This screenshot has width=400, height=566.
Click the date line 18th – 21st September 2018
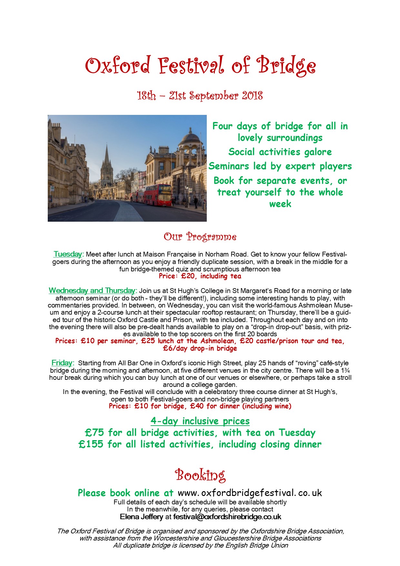click(x=200, y=96)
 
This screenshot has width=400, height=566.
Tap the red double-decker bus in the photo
click(x=158, y=195)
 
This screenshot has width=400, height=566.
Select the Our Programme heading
click(x=200, y=237)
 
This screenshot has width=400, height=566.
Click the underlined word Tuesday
click(x=68, y=254)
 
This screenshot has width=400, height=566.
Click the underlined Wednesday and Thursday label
click(x=92, y=290)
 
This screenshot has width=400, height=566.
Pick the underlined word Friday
click(x=62, y=363)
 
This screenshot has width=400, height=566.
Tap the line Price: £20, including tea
click(x=200, y=276)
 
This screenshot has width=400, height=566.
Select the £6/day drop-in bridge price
click(x=200, y=349)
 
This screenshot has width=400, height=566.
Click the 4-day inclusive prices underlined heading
click(x=200, y=421)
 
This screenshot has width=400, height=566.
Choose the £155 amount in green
click(x=91, y=444)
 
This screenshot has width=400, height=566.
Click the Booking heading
click(x=200, y=475)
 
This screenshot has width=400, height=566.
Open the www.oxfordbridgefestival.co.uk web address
click(x=250, y=493)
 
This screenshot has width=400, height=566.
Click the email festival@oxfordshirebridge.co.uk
click(x=227, y=517)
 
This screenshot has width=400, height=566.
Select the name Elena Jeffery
click(x=141, y=517)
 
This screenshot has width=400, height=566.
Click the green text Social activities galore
click(x=280, y=152)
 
